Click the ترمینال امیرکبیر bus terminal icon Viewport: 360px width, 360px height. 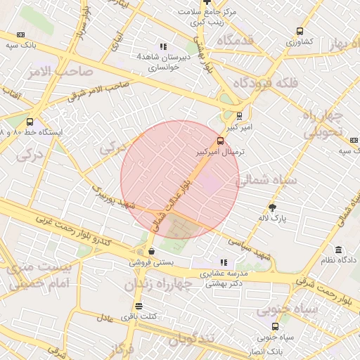[221, 140]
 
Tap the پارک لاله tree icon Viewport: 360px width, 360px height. [273, 207]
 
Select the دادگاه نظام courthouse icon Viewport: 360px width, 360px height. [339, 250]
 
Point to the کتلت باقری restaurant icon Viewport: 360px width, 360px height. [139, 307]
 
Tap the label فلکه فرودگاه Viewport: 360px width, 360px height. [270, 83]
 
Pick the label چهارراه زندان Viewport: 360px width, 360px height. [158, 285]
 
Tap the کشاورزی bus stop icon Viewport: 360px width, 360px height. [300, 31]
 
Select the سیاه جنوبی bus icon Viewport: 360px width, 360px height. [275, 326]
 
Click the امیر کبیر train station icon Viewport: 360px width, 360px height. [240, 116]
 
